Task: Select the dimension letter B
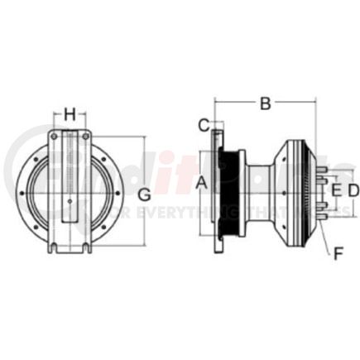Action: (265, 104)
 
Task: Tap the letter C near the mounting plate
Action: (203, 126)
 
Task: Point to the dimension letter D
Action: (353, 191)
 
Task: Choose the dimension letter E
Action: (335, 191)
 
